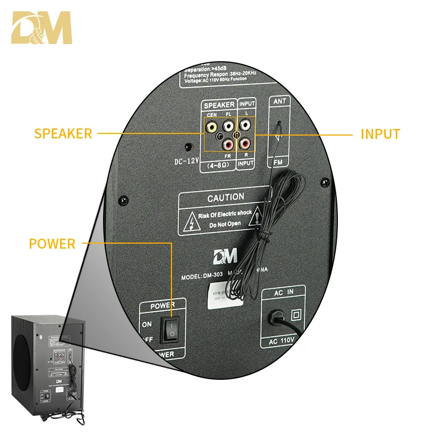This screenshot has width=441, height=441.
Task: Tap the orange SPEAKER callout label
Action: pos(63,133)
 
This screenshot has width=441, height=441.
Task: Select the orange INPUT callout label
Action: pos(380,133)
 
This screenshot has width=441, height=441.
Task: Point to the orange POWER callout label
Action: pos(52,244)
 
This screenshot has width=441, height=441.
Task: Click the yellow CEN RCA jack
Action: pos(211,127)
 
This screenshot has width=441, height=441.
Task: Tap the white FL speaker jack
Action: pos(228,127)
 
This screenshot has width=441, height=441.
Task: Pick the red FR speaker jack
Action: pos(228,145)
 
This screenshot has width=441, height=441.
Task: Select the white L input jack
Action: pos(245,127)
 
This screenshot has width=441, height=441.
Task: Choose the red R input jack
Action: pos(245,144)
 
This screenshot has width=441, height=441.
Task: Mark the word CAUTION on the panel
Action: pos(225,197)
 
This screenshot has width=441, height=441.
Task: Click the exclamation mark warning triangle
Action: pos(255,219)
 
